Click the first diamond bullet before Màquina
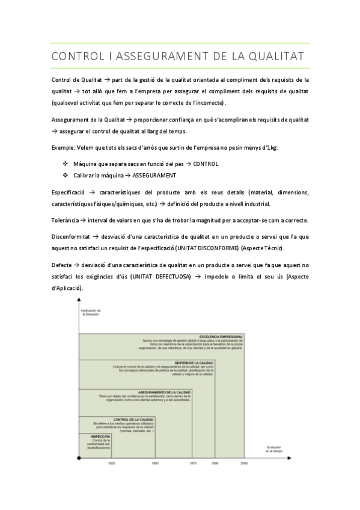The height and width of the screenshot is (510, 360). [x=66, y=164]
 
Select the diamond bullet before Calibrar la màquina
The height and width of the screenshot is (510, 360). [x=66, y=176]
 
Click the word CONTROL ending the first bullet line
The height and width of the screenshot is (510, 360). [x=206, y=164]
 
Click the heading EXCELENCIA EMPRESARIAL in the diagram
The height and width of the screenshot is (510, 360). [x=221, y=336]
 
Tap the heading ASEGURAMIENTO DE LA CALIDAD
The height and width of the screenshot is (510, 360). [x=164, y=392]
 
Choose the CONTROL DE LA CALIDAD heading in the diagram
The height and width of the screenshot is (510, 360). [x=133, y=419]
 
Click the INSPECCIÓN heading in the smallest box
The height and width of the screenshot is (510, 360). [x=100, y=436]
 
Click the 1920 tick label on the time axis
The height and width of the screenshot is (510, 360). [x=112, y=464]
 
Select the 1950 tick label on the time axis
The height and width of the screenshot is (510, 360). [x=155, y=464]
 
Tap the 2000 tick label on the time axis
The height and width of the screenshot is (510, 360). [x=243, y=464]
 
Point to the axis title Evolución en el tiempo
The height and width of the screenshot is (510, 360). [x=274, y=449]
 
